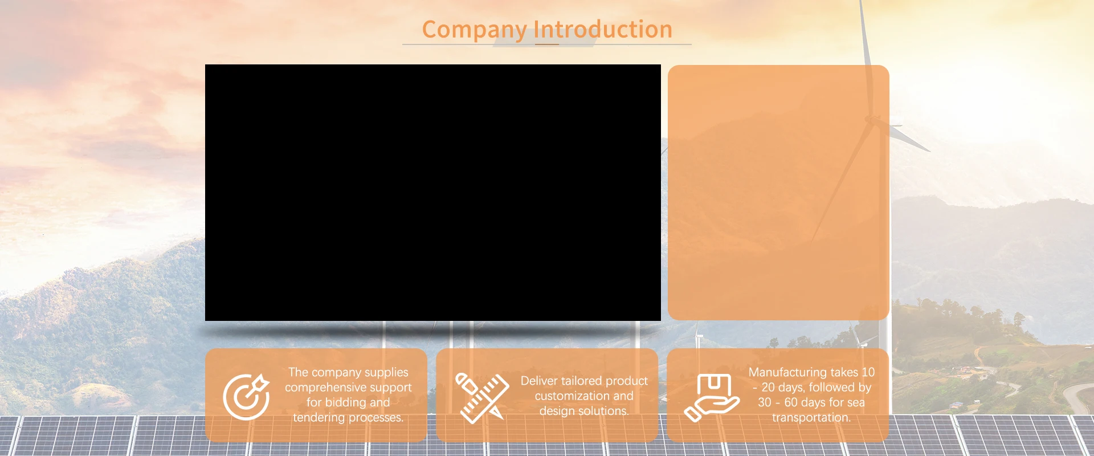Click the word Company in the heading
pyautogui.click(x=474, y=30)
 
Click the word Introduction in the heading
pyautogui.click(x=603, y=29)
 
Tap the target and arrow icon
pyautogui.click(x=246, y=396)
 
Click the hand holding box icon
pyautogui.click(x=712, y=397)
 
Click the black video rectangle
pyautogui.click(x=433, y=193)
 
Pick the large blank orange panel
pyautogui.click(x=778, y=193)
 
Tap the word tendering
pyautogui.click(x=319, y=418)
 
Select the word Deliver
pyautogui.click(x=539, y=381)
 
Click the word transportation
pyautogui.click(x=811, y=418)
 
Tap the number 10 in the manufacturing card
pyautogui.click(x=868, y=372)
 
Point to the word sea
pyautogui.click(x=856, y=403)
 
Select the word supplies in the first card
pyautogui.click(x=386, y=373)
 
